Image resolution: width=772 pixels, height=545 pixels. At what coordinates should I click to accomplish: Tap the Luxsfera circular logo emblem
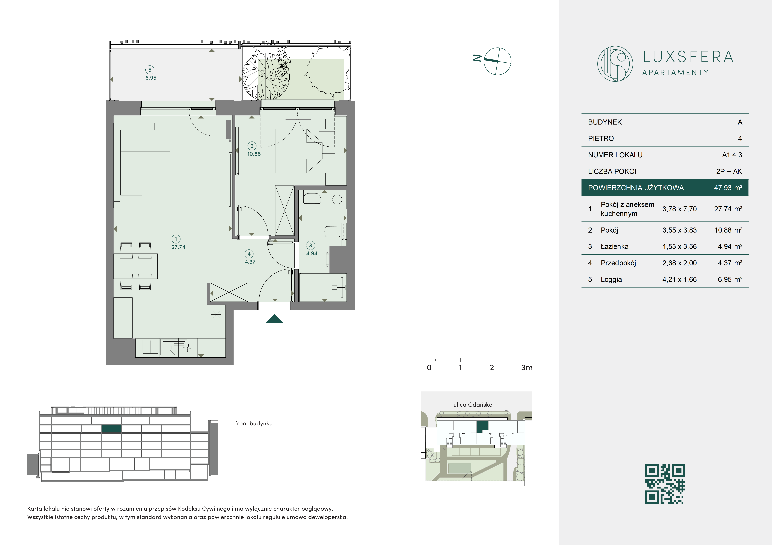click(615, 64)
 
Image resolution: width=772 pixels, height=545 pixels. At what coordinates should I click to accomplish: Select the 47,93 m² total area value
click(728, 188)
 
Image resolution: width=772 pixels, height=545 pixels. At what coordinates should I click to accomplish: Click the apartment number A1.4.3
click(732, 155)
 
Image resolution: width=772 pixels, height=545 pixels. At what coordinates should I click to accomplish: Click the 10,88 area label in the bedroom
click(254, 154)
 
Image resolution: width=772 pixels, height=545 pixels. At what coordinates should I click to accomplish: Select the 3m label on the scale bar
click(527, 368)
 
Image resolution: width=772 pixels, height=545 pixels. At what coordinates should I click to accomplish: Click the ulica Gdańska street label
click(473, 405)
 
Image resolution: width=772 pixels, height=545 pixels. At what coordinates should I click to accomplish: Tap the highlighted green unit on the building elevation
click(112, 429)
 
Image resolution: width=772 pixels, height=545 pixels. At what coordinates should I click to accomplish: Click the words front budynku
click(254, 424)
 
